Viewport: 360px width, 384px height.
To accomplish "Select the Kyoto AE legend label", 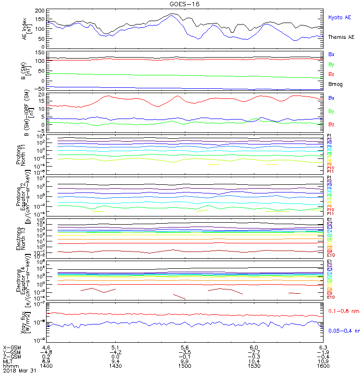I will point(339,17).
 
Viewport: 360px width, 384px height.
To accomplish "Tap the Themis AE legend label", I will point(341,37).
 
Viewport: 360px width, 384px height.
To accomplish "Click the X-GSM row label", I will point(12,347).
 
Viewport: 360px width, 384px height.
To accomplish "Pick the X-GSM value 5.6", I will point(185,347).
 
